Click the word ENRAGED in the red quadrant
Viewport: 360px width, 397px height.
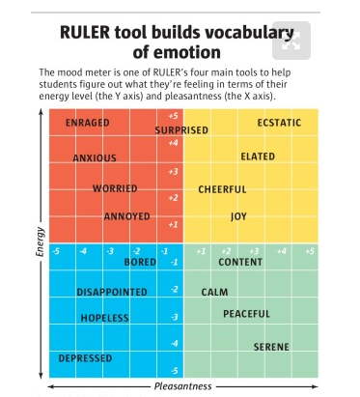(x=87, y=124)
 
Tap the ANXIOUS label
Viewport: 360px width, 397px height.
(x=95, y=157)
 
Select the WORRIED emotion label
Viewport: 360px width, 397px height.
(x=114, y=188)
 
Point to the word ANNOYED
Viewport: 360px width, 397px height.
(x=125, y=215)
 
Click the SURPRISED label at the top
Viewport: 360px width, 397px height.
(x=181, y=130)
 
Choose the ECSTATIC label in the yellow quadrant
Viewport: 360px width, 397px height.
(x=279, y=124)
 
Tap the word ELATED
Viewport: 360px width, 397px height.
(x=258, y=156)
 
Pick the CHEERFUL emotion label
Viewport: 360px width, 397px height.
(x=222, y=189)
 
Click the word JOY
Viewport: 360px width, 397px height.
(x=238, y=216)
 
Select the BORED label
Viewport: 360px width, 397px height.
(x=140, y=262)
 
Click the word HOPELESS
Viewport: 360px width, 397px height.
(x=104, y=317)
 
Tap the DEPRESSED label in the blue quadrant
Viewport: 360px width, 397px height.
(x=85, y=358)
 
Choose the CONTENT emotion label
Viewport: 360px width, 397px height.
(x=240, y=262)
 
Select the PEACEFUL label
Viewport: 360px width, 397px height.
(x=246, y=314)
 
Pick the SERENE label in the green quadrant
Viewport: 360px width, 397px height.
(x=271, y=346)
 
